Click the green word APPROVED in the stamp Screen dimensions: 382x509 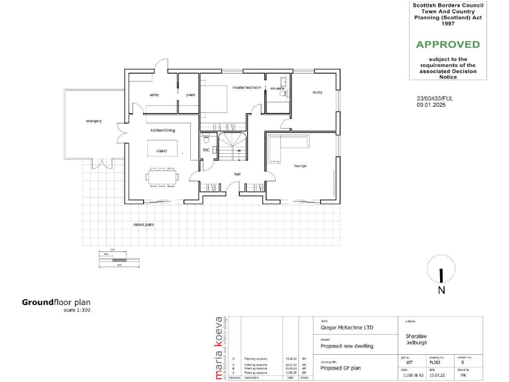pos(447,44)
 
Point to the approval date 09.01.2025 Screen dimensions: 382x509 pos(431,105)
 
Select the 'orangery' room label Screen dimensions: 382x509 pos(93,121)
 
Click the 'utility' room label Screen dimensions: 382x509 pos(154,95)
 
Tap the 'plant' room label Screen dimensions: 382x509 pos(190,95)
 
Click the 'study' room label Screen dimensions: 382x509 pos(317,92)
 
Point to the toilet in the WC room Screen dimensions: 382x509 pos(207,140)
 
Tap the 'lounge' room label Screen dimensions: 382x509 pos(300,166)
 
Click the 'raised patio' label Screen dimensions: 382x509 pos(144,225)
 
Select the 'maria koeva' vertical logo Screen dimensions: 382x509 pos(219,348)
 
